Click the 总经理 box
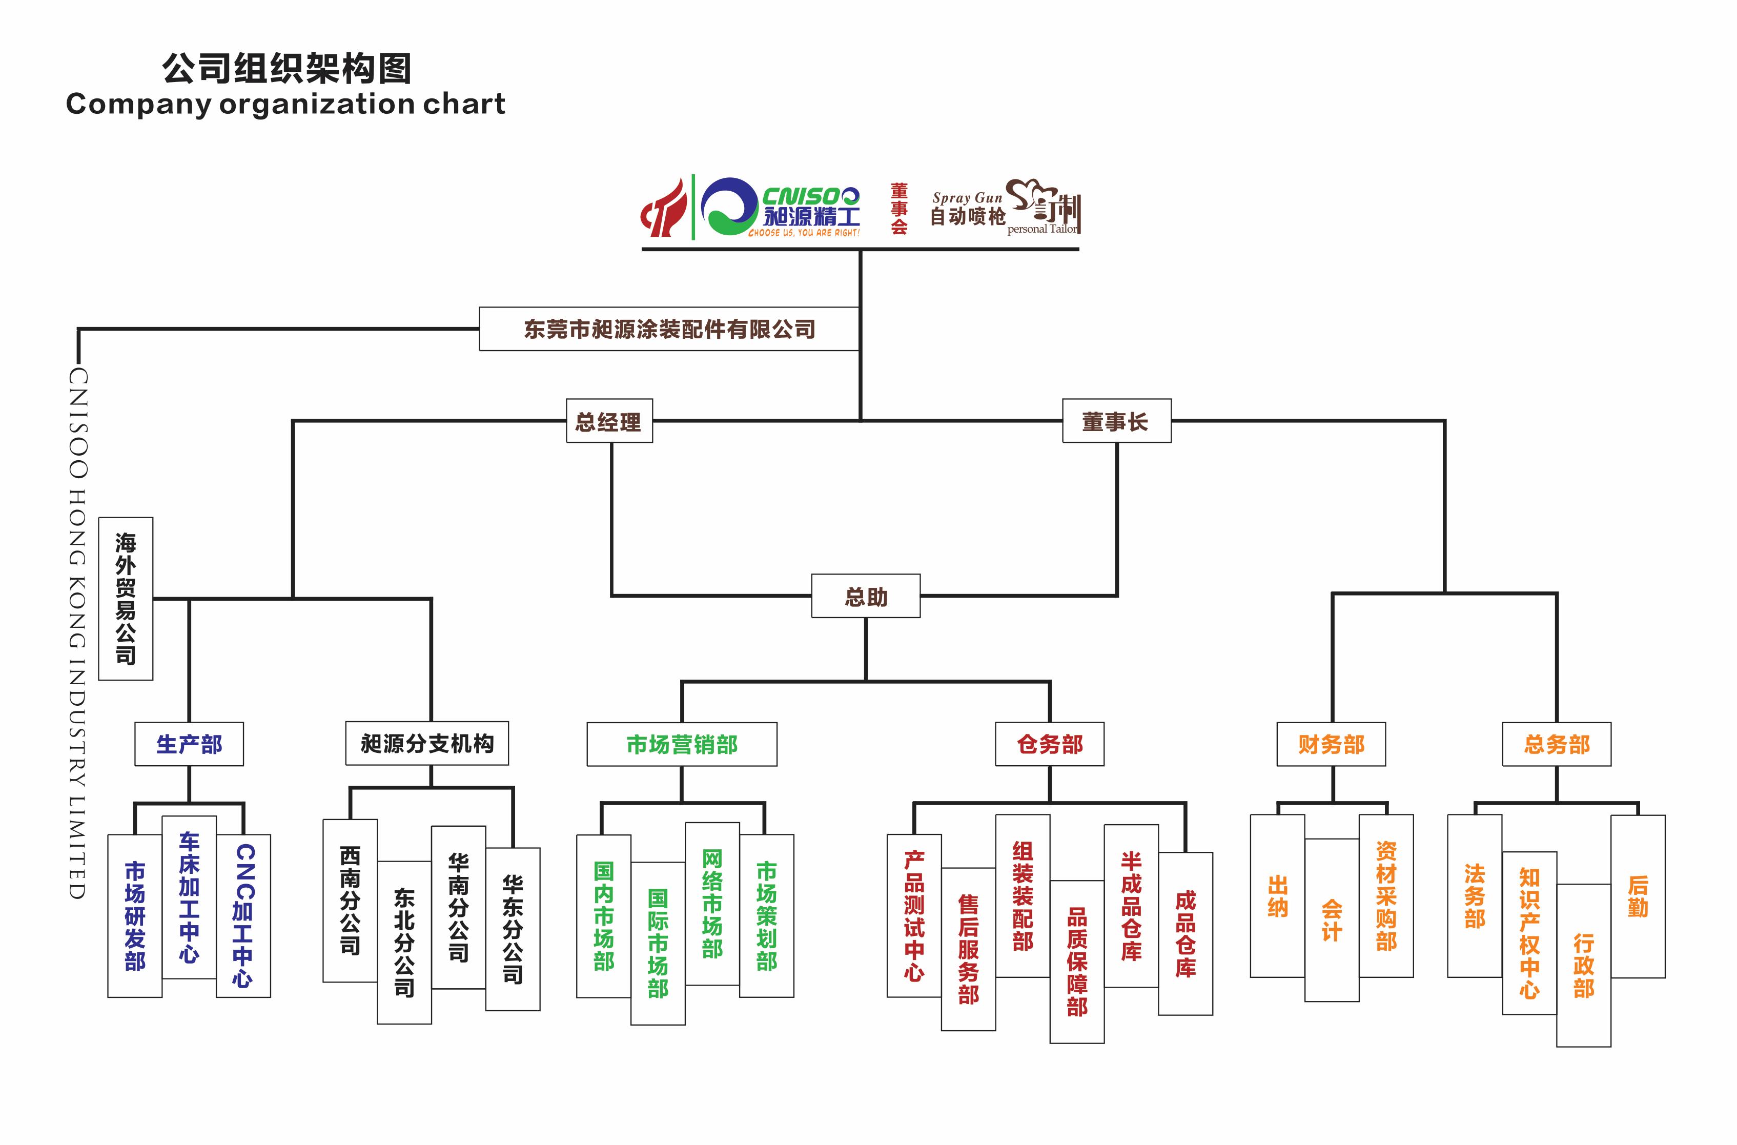[609, 421]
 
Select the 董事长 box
[1116, 421]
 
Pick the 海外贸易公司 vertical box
[126, 598]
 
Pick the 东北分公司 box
[404, 942]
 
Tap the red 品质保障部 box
[1076, 961]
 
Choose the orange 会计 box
[1331, 919]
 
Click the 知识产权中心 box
[1529, 932]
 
